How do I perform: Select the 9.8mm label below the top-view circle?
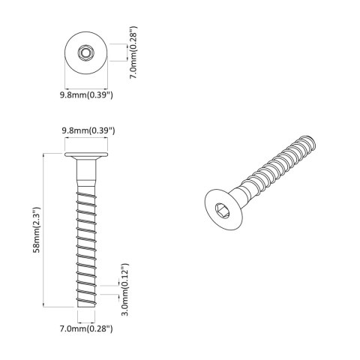(86, 95)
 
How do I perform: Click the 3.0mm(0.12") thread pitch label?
(127, 290)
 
